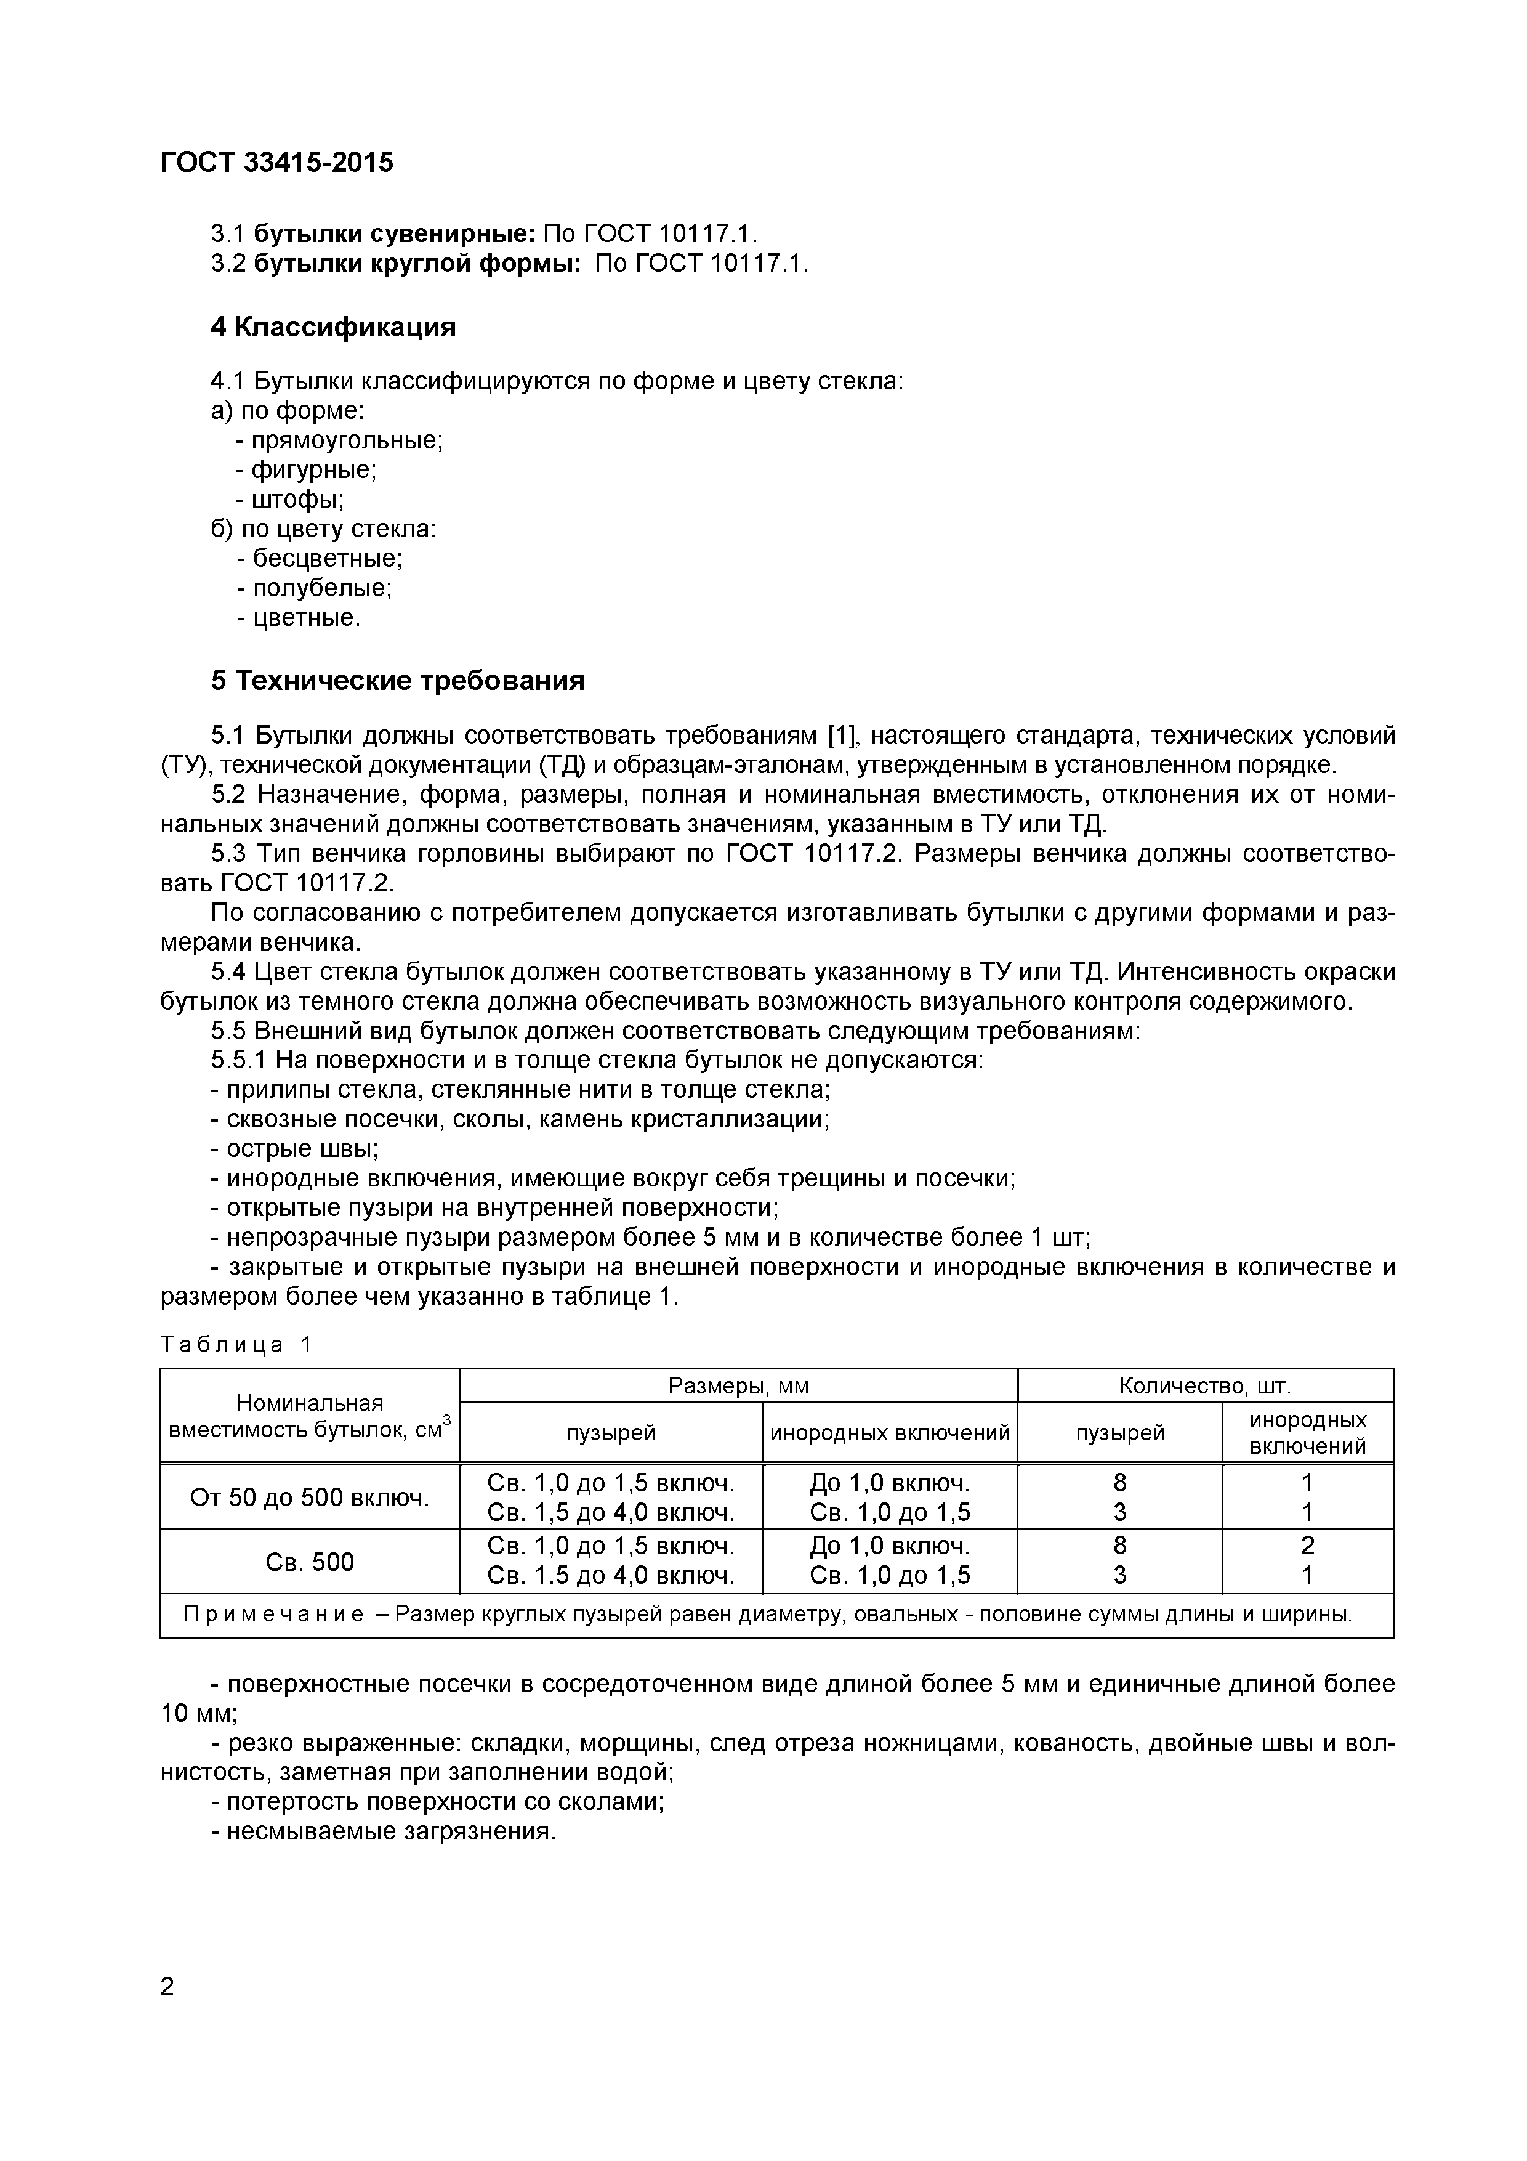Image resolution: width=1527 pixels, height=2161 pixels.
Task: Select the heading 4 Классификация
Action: coord(333,326)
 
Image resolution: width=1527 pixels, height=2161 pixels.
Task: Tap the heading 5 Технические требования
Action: coord(397,681)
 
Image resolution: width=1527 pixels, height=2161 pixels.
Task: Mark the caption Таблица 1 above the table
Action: coord(235,1345)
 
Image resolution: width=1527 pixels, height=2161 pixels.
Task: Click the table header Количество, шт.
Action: coord(1204,1385)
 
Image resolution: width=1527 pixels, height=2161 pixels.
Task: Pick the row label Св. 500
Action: coord(310,1562)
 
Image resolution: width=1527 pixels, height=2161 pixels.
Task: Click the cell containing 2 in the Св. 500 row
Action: coord(1307,1546)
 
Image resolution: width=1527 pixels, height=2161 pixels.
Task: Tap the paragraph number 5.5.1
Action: coord(240,1060)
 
